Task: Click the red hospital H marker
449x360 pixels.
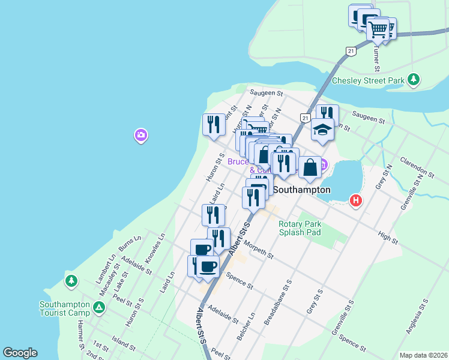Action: point(356,200)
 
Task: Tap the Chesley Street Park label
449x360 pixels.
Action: point(368,80)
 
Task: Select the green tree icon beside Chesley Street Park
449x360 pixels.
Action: point(413,79)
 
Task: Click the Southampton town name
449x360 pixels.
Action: point(302,190)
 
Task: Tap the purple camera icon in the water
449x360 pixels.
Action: point(140,136)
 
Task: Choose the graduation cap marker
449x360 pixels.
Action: point(322,130)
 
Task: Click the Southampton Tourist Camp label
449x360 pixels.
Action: point(64,308)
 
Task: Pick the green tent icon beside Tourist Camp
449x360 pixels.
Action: point(99,308)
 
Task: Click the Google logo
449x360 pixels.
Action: point(20,353)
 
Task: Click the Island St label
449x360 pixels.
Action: point(124,344)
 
